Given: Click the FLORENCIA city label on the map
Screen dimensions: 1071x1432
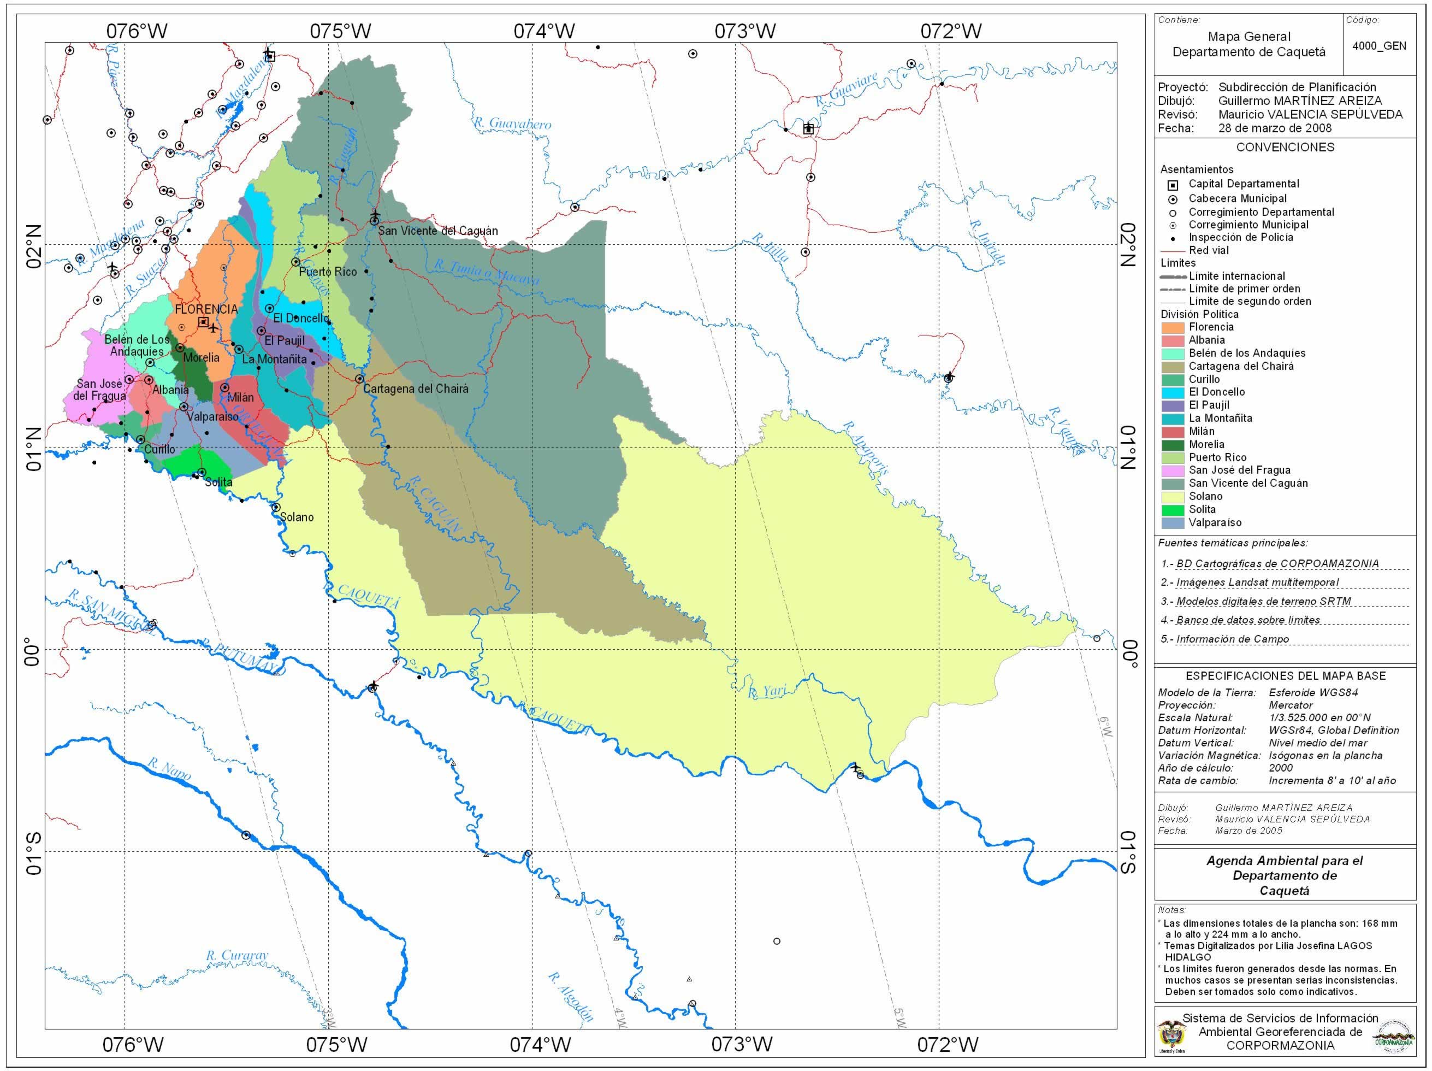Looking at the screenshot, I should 206,309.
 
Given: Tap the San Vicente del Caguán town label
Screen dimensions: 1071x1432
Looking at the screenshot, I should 437,231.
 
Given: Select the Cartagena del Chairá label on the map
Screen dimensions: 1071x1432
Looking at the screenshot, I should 415,389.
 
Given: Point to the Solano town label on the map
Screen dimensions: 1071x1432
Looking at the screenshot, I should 297,517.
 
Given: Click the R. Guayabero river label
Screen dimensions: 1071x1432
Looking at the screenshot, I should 512,123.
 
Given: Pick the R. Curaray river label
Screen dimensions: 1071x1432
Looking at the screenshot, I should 236,955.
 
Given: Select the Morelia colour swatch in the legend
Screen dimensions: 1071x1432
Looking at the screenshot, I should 1173,444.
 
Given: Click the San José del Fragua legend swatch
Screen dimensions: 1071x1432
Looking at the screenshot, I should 1173,470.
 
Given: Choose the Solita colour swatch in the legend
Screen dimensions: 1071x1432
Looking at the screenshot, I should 1173,510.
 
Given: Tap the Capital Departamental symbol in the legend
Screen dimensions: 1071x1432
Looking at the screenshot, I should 1173,185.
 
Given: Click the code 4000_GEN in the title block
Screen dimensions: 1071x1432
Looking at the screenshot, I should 1379,46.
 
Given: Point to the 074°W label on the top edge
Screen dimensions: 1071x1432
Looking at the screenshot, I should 544,31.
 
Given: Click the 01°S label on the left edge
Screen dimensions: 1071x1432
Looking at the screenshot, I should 32,853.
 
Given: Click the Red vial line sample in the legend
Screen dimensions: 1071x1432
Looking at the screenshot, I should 1173,251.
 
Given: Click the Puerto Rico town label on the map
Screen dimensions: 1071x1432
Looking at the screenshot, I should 328,272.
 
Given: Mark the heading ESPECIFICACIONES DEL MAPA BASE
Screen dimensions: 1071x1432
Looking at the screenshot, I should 1285,676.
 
